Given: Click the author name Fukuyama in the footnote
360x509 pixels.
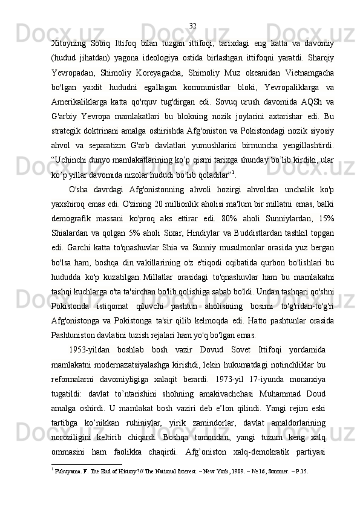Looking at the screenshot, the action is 67,472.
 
